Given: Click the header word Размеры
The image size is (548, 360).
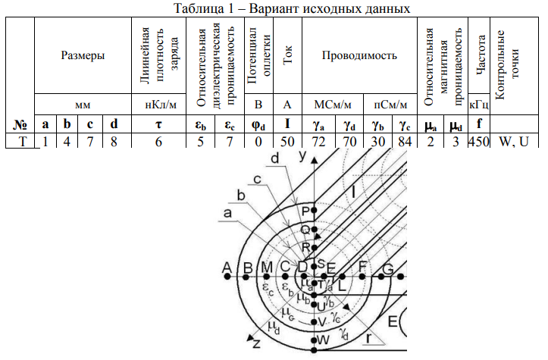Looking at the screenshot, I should point(83,55).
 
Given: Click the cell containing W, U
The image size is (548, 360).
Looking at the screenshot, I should point(512,140).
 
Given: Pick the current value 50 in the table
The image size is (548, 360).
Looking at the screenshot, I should point(287,140).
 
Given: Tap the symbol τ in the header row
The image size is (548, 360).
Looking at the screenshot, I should point(159,124).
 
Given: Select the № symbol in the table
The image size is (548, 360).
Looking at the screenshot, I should point(20,124).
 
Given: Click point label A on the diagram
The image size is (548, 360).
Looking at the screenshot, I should point(226,267).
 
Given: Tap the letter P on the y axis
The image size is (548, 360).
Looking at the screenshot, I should point(306,210).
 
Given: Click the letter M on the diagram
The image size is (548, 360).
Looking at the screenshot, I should point(266,267).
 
